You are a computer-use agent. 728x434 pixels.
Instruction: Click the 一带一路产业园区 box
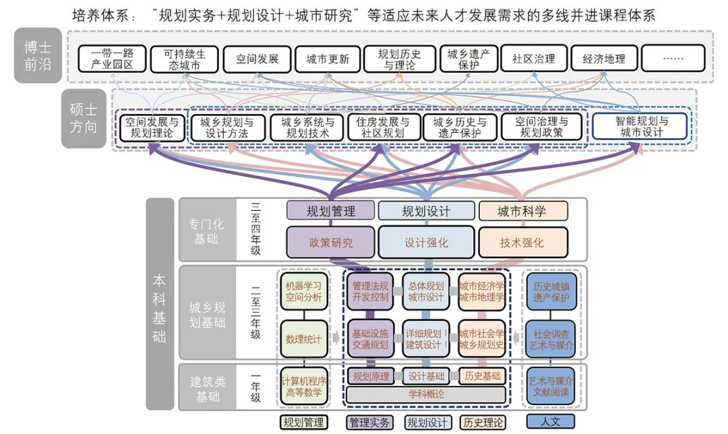[111, 59]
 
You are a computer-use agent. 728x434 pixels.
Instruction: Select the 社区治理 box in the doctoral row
[534, 59]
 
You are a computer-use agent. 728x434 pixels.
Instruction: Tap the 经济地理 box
[603, 59]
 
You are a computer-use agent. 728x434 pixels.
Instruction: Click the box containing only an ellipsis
[673, 59]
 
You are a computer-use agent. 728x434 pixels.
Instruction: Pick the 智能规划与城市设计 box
[640, 127]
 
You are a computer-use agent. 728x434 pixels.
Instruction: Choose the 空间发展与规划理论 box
[151, 127]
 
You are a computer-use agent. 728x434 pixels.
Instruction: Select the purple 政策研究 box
[330, 243]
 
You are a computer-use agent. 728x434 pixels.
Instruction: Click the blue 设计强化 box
[426, 243]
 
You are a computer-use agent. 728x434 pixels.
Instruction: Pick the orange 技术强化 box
[522, 243]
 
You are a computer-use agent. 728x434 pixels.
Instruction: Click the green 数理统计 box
[303, 338]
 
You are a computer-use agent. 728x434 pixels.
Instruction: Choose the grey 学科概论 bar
[426, 394]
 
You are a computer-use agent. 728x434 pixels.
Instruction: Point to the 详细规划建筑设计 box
[426, 338]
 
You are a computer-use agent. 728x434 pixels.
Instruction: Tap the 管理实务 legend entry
[369, 423]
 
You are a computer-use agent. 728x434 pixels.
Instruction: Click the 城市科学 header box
[522, 211]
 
